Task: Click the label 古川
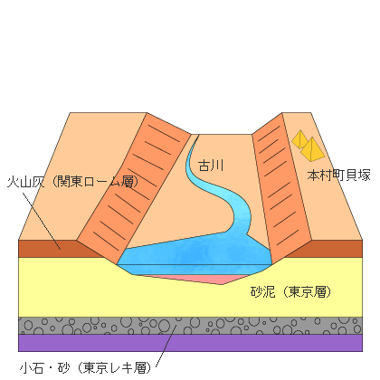(211, 166)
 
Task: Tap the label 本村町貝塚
(338, 176)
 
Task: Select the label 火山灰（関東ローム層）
(72, 182)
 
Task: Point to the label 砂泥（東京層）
(290, 292)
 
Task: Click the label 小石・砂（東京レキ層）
(85, 367)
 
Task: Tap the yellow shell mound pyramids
(309, 146)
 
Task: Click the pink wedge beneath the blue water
(193, 280)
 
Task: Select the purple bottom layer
(190, 343)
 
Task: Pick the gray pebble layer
(190, 326)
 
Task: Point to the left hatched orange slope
(134, 188)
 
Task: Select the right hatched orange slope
(281, 188)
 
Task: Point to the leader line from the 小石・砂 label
(166, 347)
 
